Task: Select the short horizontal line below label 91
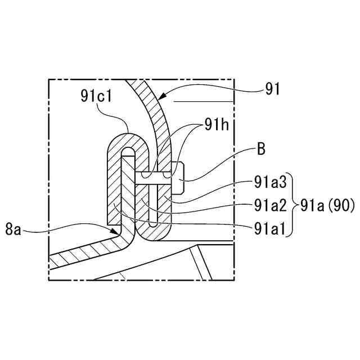[202, 101]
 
